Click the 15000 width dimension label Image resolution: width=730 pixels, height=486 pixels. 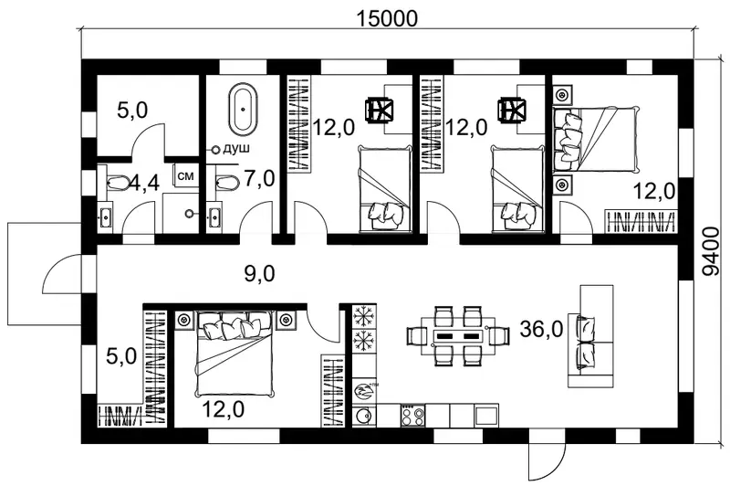click(x=387, y=18)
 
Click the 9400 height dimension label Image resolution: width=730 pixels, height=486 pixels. click(x=711, y=251)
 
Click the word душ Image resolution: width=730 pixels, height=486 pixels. click(x=236, y=149)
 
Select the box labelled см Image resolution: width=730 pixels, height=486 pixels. click(x=186, y=176)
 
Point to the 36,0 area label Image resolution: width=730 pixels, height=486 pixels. click(x=541, y=330)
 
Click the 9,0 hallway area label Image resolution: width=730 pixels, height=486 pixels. click(x=260, y=273)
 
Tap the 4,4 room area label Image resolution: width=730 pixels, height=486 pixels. click(x=144, y=183)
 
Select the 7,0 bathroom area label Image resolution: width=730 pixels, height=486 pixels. click(x=259, y=179)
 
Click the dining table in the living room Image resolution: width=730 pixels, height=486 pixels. click(x=458, y=336)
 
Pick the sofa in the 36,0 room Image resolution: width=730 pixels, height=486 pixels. click(x=590, y=336)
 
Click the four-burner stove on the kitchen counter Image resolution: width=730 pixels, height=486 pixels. click(x=412, y=415)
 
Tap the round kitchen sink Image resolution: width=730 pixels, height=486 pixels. click(x=363, y=415)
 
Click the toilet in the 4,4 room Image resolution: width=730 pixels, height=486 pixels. click(x=118, y=182)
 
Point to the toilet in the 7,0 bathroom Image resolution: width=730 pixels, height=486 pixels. click(x=226, y=182)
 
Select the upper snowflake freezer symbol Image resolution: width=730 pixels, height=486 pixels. click(x=363, y=318)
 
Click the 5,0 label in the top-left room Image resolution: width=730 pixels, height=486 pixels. click(x=132, y=111)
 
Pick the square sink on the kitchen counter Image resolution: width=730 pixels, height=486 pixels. click(x=486, y=415)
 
